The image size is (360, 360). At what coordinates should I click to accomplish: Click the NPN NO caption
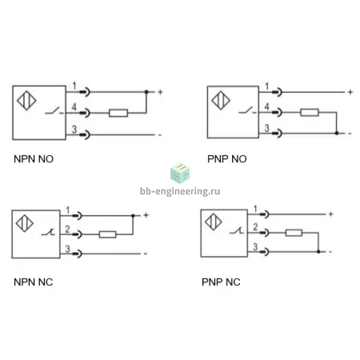pos(34,159)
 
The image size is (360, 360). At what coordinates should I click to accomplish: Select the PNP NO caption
pos(227,159)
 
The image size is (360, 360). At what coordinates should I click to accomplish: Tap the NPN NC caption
pos(34,282)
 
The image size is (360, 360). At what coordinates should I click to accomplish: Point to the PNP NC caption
pos(221,282)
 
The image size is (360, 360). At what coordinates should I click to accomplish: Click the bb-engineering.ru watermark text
pos(180,191)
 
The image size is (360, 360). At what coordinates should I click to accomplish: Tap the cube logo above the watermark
pos(180,174)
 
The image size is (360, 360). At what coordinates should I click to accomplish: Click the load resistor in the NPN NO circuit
pos(118,113)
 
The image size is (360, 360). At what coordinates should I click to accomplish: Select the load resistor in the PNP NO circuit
pos(310,112)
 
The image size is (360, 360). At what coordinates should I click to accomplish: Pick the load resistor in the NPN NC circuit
pos(108,234)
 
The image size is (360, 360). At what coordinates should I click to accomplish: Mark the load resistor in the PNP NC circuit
pos(294,233)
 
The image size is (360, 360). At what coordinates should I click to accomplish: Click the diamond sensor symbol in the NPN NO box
pos(26,101)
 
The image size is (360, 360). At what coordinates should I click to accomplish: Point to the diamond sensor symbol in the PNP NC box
pos(214,222)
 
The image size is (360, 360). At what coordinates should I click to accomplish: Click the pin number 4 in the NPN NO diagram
pos(74,107)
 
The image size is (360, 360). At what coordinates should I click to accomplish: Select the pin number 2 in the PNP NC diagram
pos(255,227)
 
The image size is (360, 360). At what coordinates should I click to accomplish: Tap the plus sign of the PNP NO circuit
pos(350,92)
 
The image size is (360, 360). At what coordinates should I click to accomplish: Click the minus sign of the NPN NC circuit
pos(146,254)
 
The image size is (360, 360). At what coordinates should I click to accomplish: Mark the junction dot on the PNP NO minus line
pos(337,133)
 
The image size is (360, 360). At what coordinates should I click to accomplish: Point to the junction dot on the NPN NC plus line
pos(133,215)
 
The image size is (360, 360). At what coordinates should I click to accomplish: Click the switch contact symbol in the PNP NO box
pos(247,110)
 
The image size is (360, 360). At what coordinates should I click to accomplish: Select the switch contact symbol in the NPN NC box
pos(48,232)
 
